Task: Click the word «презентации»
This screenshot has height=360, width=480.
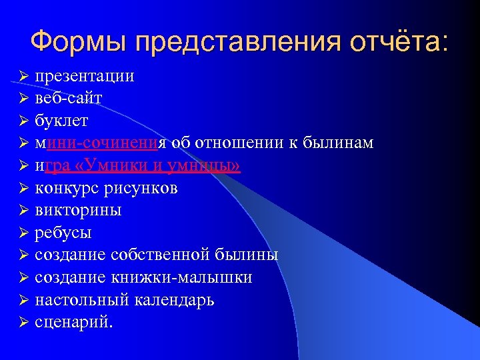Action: click(85, 75)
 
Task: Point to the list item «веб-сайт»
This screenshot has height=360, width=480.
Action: click(69, 98)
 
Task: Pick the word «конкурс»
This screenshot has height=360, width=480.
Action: click(66, 188)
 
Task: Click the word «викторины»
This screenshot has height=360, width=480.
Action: click(78, 211)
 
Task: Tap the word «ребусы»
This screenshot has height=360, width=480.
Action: click(63, 233)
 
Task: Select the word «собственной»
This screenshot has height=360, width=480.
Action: click(157, 255)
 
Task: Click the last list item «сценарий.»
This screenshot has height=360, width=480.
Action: click(74, 323)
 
